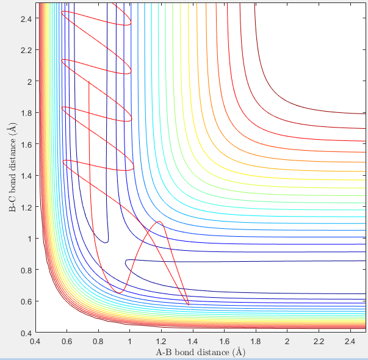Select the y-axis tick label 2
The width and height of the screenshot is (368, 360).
pos(28,81)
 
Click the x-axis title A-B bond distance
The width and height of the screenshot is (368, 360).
pos(200,352)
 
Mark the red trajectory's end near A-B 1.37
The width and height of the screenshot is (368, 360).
pos(189,304)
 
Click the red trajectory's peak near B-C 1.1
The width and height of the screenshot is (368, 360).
pos(159,221)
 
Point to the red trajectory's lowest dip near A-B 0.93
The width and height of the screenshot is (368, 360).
pos(118,293)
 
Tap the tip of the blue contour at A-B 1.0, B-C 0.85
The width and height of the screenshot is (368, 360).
pos(125,262)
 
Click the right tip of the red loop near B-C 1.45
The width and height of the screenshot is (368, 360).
pos(134,167)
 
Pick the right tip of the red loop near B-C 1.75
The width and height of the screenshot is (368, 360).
pos(131,119)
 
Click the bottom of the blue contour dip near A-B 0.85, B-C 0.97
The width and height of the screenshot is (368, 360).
pos(106,243)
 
